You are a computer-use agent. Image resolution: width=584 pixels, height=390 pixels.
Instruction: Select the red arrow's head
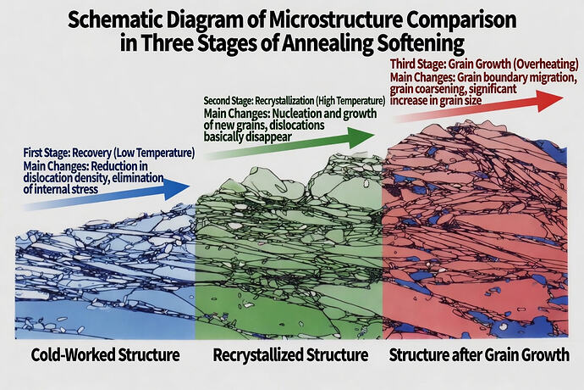[x=554, y=98]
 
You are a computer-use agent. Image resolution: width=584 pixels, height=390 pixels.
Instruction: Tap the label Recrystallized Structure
[x=290, y=354]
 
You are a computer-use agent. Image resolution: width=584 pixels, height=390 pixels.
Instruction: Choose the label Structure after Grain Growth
[x=478, y=354]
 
